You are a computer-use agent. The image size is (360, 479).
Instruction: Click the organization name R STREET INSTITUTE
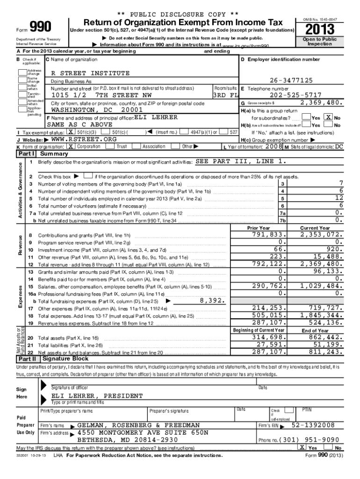(90, 73)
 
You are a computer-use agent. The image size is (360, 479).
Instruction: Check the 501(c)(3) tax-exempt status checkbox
(70, 132)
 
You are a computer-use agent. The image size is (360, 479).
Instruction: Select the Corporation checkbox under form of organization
(71, 146)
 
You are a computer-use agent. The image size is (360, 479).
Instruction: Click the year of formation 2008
(274, 146)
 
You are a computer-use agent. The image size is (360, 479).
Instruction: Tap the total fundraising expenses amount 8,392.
(213, 301)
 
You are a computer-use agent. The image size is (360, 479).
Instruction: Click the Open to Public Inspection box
(323, 42)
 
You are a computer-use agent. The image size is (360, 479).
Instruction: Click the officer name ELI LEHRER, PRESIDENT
(97, 396)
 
